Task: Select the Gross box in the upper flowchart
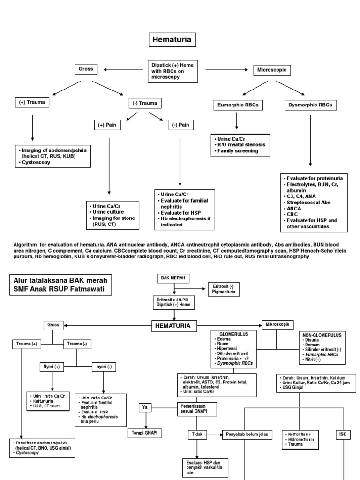point(86,69)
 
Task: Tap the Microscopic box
point(272,70)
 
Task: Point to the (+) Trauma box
point(32,101)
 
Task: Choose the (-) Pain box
point(180,125)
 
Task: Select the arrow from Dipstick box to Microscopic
point(227,70)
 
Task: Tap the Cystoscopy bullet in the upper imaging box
point(35,162)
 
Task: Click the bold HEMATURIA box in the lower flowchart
point(173,325)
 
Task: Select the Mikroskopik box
point(277,324)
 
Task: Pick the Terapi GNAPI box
point(145,433)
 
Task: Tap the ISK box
point(343,434)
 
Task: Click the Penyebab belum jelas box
point(246,435)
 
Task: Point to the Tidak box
point(197,435)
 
